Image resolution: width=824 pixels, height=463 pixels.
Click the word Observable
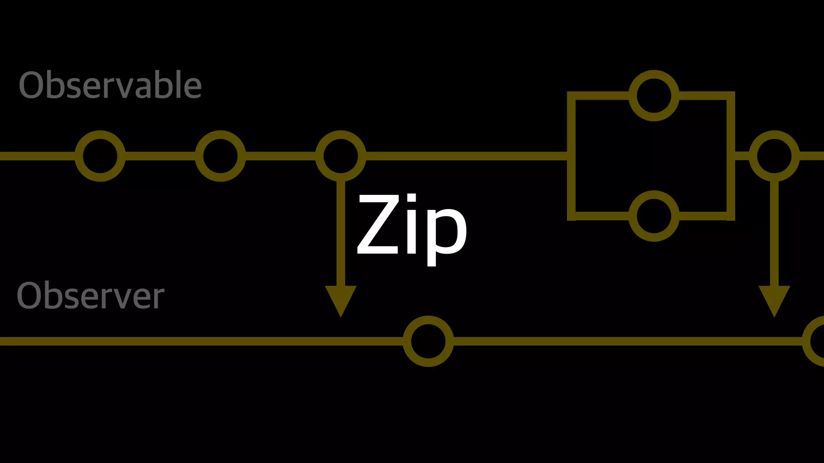tap(110, 85)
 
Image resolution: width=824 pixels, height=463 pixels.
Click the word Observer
tap(91, 296)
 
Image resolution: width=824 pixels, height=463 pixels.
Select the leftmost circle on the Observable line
tap(100, 156)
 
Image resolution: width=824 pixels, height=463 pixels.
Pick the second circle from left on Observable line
tap(220, 156)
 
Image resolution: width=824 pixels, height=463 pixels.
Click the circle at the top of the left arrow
tap(340, 156)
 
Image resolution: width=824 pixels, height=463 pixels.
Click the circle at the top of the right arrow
tap(774, 156)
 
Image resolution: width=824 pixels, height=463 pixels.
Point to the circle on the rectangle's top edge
tap(654, 96)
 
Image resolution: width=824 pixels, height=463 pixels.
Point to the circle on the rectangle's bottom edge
tap(654, 216)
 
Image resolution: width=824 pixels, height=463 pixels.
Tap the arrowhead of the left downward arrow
tap(340, 299)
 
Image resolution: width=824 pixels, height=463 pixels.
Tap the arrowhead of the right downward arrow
tap(774, 299)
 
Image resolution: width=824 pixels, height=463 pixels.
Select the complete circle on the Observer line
tap(428, 341)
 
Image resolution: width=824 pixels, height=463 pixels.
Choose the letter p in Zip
tap(447, 235)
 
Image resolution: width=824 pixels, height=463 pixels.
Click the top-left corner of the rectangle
tap(571, 96)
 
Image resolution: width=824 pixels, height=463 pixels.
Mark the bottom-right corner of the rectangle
tap(731, 216)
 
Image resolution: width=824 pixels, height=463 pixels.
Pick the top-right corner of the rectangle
tap(731, 96)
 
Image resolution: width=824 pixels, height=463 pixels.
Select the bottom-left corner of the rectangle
tap(571, 216)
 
